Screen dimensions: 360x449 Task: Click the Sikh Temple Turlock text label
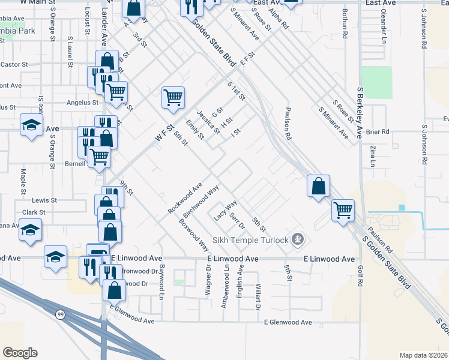(x=248, y=240)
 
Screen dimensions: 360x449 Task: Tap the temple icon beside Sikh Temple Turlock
(x=297, y=240)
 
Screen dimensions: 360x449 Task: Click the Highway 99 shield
(x=61, y=316)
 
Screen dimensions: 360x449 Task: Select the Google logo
(x=20, y=353)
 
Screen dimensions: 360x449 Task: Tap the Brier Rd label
(x=378, y=131)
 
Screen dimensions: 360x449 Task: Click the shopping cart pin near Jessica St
(x=173, y=98)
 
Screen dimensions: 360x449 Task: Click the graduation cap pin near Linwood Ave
(x=55, y=257)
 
